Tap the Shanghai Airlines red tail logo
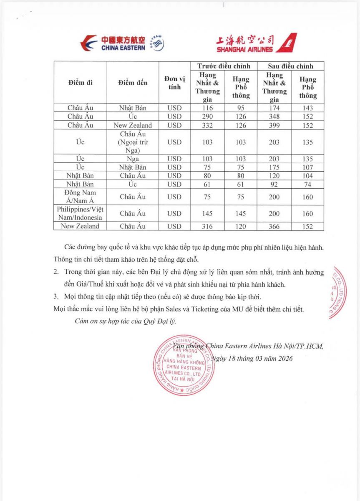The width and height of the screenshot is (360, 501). (x=287, y=43)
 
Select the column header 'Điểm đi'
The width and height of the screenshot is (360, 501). (x=80, y=83)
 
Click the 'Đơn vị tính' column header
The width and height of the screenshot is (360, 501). (x=174, y=83)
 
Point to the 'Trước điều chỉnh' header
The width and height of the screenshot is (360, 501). (x=224, y=66)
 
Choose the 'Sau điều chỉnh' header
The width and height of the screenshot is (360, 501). (x=291, y=66)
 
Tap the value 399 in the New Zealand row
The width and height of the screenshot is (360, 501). (x=274, y=125)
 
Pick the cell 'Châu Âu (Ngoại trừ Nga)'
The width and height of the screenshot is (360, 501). (x=133, y=142)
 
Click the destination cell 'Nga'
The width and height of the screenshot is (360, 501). (x=133, y=159)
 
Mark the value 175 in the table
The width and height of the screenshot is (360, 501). (x=274, y=167)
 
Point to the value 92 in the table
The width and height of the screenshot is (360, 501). (x=274, y=184)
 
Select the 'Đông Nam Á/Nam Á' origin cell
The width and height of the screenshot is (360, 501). (x=80, y=197)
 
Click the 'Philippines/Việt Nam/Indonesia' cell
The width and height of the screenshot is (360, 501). (x=80, y=213)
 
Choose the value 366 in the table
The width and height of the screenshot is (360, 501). (x=274, y=226)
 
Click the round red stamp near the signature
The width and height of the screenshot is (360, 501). (x=184, y=364)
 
